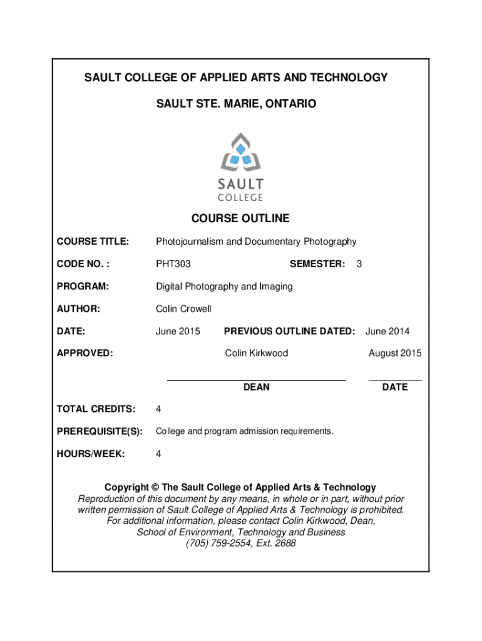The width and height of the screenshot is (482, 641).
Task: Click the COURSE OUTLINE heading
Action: tap(240, 218)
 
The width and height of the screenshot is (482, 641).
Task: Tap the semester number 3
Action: tap(359, 264)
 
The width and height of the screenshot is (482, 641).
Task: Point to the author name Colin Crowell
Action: tap(183, 309)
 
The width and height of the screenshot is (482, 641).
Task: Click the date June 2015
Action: tap(178, 331)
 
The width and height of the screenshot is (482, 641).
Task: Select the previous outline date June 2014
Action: tap(387, 331)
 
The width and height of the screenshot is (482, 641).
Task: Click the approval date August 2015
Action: tap(394, 353)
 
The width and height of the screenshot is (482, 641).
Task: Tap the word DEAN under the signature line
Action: tap(256, 387)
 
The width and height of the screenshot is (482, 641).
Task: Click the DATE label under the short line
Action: tap(395, 387)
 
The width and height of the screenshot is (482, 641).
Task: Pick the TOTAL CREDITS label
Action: tap(96, 409)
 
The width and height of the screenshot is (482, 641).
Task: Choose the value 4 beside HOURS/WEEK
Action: tap(158, 454)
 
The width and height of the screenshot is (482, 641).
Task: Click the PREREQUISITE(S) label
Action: tap(100, 431)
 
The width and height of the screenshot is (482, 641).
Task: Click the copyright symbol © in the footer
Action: tap(155, 487)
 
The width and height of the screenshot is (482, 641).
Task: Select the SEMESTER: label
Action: tap(317, 264)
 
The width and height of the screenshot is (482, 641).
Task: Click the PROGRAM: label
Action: tap(83, 287)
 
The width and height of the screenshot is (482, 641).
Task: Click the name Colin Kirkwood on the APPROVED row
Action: tap(257, 353)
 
